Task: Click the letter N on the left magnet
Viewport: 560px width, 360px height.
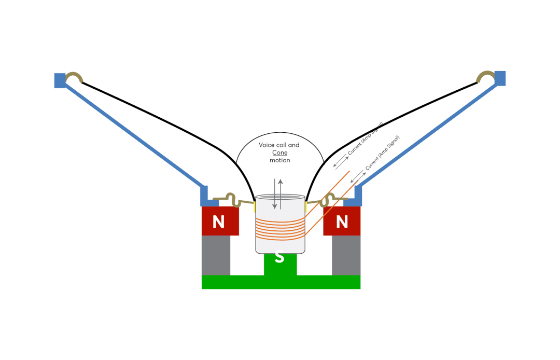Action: [x=219, y=222]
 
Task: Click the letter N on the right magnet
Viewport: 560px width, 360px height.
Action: [x=342, y=222]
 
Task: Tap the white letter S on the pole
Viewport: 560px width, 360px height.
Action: [x=279, y=257]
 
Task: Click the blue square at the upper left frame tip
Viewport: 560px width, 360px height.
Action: [x=60, y=80]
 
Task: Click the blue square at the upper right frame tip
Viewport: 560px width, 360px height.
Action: [x=500, y=78]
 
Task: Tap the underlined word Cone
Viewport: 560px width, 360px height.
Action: [x=279, y=153]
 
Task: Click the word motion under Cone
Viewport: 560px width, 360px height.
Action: [x=279, y=160]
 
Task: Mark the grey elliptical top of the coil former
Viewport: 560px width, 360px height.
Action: [x=280, y=197]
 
